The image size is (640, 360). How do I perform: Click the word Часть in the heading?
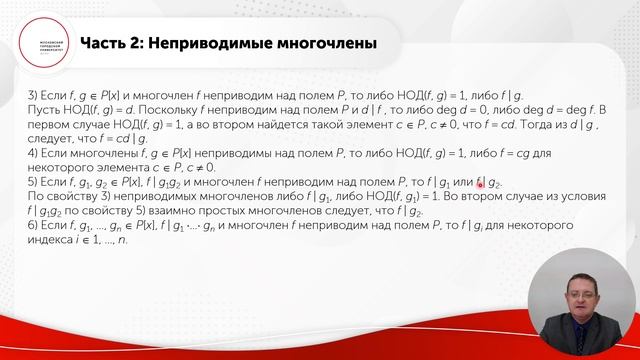pos(105,44)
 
